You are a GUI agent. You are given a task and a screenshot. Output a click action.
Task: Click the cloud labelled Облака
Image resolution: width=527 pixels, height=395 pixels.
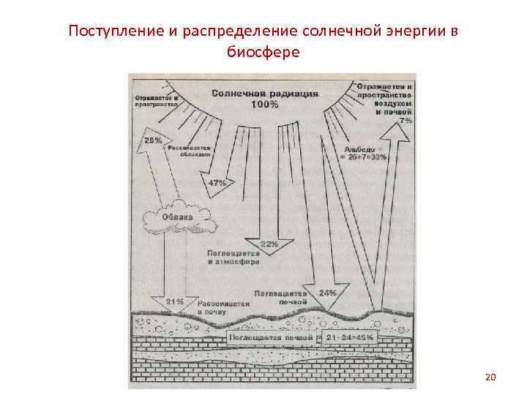pos(179,217)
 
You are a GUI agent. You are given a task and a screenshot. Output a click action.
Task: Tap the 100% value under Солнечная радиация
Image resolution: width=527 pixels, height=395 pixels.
pos(264,105)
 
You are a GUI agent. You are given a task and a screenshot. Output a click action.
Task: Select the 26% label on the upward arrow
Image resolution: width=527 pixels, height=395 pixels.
pos(154,140)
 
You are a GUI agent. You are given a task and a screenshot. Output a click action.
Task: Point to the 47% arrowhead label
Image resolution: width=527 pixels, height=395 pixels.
pos(217,182)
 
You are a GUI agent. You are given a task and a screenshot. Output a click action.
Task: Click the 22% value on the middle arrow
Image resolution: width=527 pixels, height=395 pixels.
pos(269,244)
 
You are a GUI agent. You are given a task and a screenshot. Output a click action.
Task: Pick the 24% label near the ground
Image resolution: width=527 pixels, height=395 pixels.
pos(328,293)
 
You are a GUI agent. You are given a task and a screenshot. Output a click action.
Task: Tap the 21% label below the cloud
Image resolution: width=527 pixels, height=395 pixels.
pos(175,301)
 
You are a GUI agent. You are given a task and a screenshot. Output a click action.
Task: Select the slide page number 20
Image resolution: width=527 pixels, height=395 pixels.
pos(490,377)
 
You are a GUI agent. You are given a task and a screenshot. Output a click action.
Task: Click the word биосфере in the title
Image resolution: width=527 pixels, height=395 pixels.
pos(263,53)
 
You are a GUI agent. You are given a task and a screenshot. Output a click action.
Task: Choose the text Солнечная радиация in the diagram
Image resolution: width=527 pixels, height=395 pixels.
pos(265,94)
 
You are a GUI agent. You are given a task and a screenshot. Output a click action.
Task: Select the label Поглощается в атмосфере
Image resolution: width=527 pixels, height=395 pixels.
pos(233,256)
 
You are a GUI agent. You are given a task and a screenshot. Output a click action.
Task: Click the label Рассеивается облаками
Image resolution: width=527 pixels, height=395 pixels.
pos(190,151)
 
